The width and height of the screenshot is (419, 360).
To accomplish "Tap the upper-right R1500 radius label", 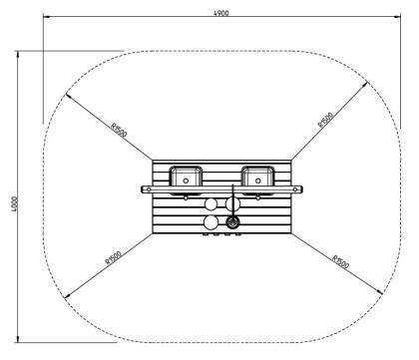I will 326,121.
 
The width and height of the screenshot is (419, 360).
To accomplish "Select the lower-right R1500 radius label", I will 340,262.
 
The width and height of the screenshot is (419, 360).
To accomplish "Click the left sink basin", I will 188,177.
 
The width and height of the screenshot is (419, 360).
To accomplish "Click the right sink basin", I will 258,177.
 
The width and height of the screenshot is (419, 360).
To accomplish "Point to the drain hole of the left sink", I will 188,180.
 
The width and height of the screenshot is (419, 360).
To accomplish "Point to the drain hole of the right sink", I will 258,180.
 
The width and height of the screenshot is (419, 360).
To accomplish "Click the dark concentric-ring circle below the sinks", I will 233,222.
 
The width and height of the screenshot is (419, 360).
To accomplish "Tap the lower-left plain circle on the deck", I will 211,222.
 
